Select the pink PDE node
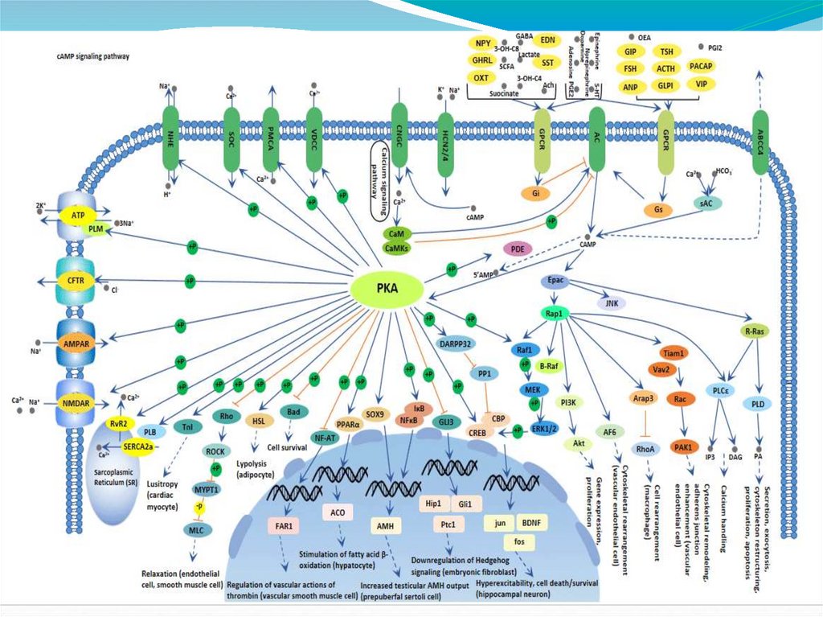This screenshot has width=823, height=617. tap(519, 249)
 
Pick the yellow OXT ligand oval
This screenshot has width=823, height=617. tap(481, 78)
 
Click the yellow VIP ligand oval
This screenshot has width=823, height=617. tap(702, 84)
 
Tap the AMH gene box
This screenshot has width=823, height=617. tap(383, 524)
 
